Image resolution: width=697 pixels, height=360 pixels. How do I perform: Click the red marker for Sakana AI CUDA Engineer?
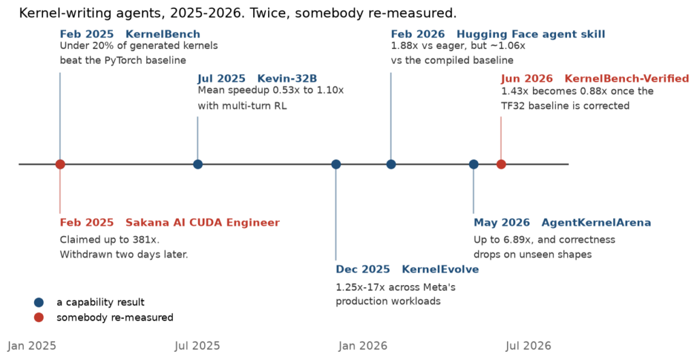point(60,164)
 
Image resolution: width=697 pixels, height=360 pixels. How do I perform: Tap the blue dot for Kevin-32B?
point(198,164)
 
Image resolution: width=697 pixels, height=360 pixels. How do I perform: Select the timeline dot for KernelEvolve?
point(336,164)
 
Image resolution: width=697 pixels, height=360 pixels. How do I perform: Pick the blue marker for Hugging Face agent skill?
point(391,164)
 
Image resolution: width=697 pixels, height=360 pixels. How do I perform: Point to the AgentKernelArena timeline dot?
point(474,164)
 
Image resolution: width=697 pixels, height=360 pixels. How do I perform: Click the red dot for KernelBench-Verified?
point(501,164)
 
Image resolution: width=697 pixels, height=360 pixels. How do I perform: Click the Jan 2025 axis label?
point(32,346)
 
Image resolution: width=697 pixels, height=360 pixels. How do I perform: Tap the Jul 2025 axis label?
point(197,346)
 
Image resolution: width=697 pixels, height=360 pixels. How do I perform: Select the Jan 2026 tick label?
point(363,346)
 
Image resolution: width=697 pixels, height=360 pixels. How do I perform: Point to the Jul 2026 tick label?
point(528,346)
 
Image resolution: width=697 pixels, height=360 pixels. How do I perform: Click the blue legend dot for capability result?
point(39,302)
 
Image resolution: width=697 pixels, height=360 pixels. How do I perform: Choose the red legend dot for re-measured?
point(39,317)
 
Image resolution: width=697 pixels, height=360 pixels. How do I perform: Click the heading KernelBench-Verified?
point(627,79)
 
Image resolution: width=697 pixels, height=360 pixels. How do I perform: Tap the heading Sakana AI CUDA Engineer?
point(203,223)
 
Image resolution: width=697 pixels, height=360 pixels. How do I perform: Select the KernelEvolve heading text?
point(440,269)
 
